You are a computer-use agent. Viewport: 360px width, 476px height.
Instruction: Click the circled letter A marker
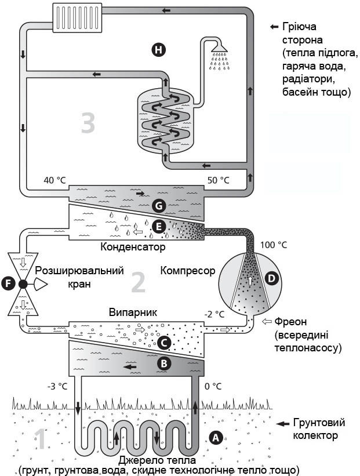coord(216,438)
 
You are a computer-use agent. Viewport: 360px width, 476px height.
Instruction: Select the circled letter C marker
coord(165,343)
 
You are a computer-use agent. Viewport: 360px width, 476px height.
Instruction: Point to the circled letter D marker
coord(271,278)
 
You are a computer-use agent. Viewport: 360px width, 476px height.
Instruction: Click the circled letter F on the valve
coord(8,284)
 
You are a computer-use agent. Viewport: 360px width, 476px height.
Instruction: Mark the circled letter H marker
coord(158,50)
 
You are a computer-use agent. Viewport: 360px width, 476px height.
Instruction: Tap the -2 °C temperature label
coord(214,315)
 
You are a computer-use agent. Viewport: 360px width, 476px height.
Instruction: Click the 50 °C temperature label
coord(217,180)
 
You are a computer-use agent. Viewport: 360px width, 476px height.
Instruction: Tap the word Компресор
coord(188,271)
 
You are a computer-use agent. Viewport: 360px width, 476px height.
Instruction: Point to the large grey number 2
coord(138,282)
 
